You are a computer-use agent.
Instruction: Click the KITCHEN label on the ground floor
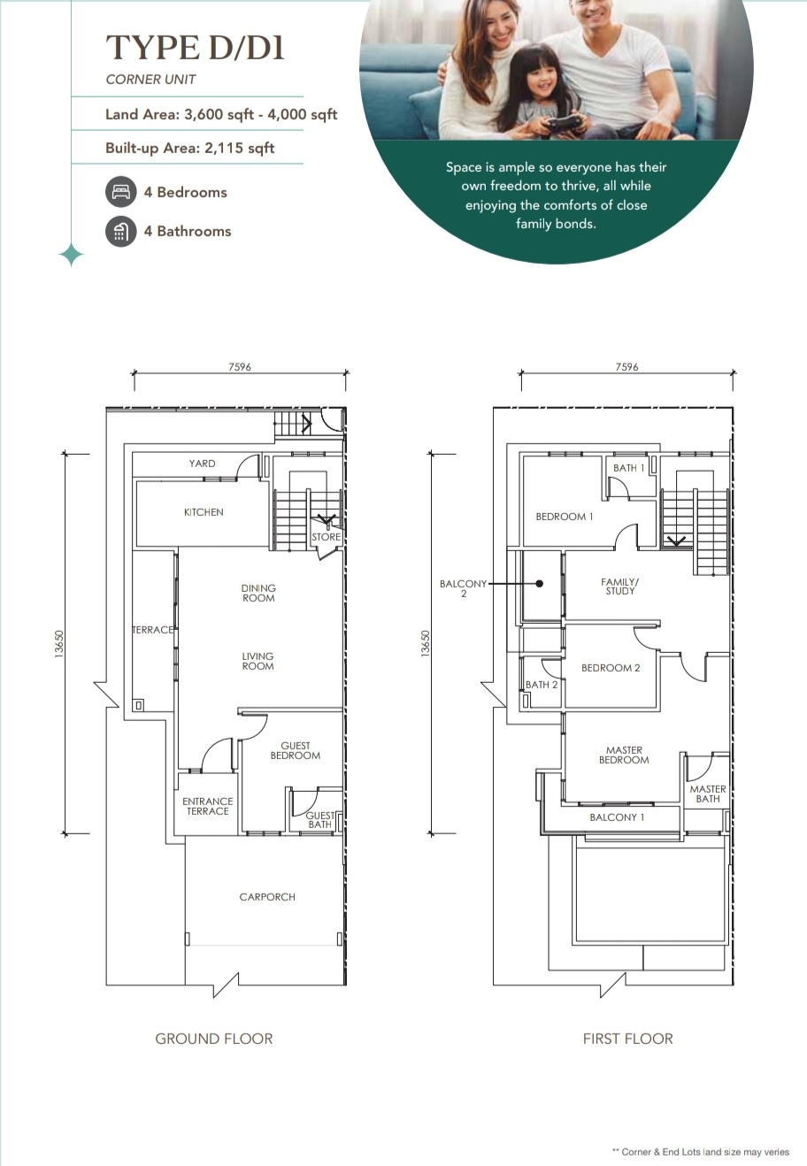204,512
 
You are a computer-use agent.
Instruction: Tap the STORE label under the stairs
326,537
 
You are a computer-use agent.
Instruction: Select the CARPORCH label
267,897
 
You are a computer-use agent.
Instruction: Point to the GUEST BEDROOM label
296,750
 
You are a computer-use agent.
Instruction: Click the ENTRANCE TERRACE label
207,806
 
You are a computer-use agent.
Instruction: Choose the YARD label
202,464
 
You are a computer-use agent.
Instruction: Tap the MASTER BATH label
708,794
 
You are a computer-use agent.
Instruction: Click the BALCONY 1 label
617,817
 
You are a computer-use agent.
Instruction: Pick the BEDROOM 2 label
611,668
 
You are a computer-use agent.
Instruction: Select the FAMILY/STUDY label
620,587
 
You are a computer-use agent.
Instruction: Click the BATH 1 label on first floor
628,468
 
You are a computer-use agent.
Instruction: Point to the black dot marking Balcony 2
540,584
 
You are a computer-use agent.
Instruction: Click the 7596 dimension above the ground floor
240,367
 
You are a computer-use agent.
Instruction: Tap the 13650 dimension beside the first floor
426,644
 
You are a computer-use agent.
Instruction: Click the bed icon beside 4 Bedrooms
121,192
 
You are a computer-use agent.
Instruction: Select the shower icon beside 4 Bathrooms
121,232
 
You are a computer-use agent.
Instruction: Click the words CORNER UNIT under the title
150,80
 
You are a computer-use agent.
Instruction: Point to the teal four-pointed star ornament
72,256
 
